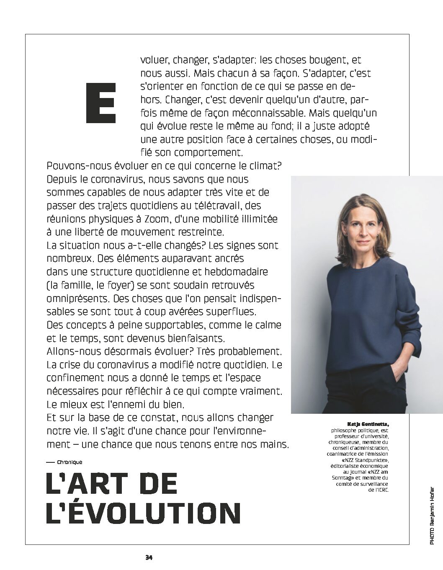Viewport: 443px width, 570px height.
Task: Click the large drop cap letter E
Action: point(100,103)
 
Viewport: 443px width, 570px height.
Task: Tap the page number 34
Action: point(149,557)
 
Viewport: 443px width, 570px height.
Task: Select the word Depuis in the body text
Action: point(62,179)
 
